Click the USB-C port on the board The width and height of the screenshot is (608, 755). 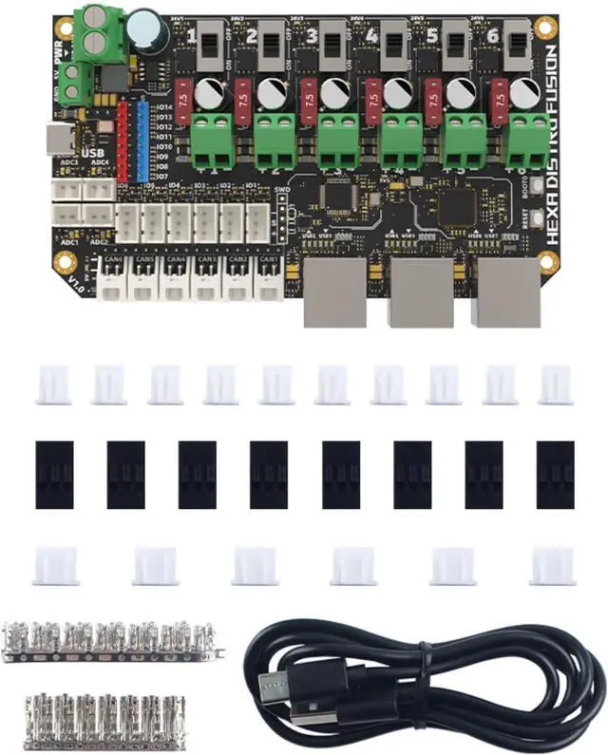tap(62, 139)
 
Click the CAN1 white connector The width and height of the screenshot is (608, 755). tap(268, 280)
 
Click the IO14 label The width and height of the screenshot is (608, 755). tap(163, 106)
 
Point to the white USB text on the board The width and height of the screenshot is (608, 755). tap(91, 153)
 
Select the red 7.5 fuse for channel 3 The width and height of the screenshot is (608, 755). tap(308, 96)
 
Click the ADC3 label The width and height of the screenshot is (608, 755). tap(67, 161)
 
